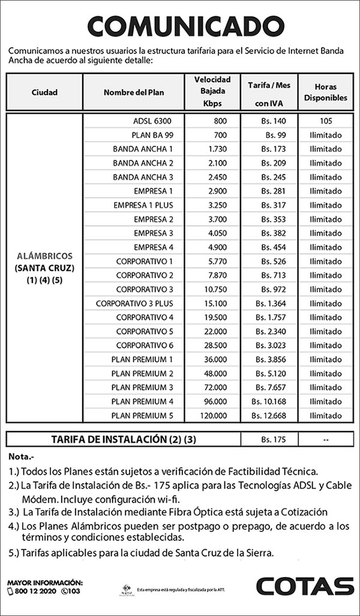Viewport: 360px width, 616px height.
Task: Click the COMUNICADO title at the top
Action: [x=179, y=26]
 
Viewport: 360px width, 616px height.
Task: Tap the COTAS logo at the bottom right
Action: [x=305, y=586]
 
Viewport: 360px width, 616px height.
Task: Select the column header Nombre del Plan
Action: [x=133, y=92]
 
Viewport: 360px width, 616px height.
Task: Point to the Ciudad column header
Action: [x=44, y=92]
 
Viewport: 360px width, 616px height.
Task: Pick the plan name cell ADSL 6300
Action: [x=152, y=121]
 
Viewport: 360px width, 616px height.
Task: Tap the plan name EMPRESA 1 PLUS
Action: [x=143, y=205]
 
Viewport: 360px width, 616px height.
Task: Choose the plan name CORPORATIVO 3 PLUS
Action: [x=134, y=303]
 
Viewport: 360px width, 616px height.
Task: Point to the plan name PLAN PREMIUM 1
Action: [x=142, y=360]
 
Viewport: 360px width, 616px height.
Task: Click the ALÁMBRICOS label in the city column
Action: [x=44, y=255]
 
